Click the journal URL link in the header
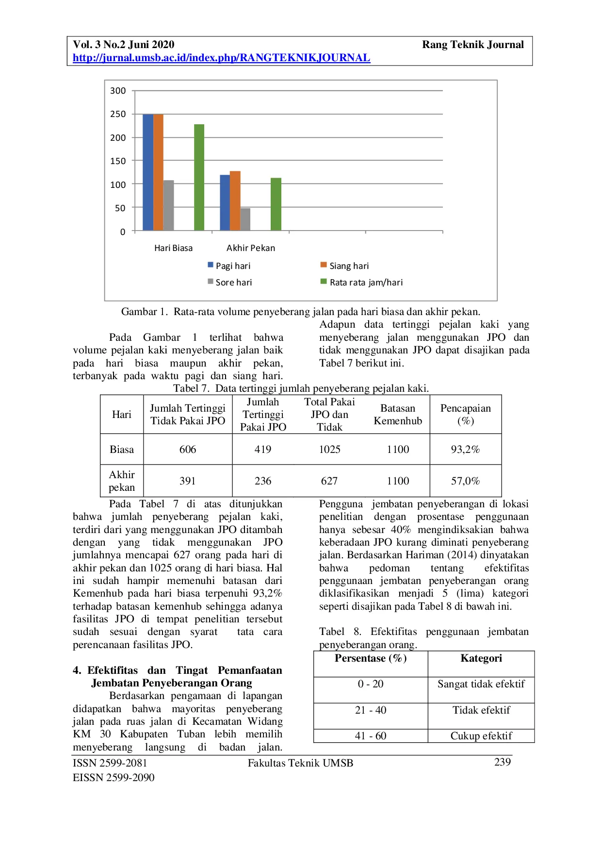pos(221,58)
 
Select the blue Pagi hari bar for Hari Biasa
pos(147,172)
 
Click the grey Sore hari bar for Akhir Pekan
pos(245,219)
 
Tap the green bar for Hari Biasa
pos(199,177)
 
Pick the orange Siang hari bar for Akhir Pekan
pos(235,200)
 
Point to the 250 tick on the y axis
pos(118,114)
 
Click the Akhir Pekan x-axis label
pos(251,248)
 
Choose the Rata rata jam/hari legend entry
pos(366,283)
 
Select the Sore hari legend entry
pos(233,283)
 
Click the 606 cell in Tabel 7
pos(188,450)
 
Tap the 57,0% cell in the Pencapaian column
pos(465,481)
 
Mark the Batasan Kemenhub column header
pos(398,415)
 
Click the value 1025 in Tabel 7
pos(329,450)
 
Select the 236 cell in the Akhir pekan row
pos(263,481)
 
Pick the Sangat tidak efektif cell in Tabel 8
pos(481,684)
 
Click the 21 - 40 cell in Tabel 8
pos(371,710)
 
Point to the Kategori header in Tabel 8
pos(481,658)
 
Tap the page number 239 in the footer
pos(502,762)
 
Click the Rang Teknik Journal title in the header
pos(472,45)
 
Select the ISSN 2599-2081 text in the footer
pos(110,763)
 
